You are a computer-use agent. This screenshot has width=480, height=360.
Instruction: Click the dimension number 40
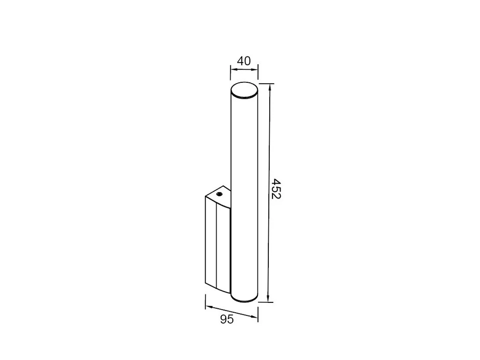pyautogui.click(x=244, y=61)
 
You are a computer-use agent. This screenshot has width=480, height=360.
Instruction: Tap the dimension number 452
pyautogui.click(x=276, y=189)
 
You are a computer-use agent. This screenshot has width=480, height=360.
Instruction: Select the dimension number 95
pyautogui.click(x=227, y=319)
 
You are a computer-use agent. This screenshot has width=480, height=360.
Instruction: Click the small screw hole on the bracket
pyautogui.click(x=219, y=194)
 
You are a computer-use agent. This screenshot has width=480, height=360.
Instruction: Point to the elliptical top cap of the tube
pyautogui.click(x=244, y=90)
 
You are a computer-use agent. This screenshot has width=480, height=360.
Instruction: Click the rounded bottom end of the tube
pyautogui.click(x=244, y=300)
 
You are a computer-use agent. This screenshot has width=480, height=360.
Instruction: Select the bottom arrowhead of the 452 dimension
pyautogui.click(x=268, y=298)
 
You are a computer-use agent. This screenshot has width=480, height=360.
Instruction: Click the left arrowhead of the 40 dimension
pyautogui.click(x=234, y=70)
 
